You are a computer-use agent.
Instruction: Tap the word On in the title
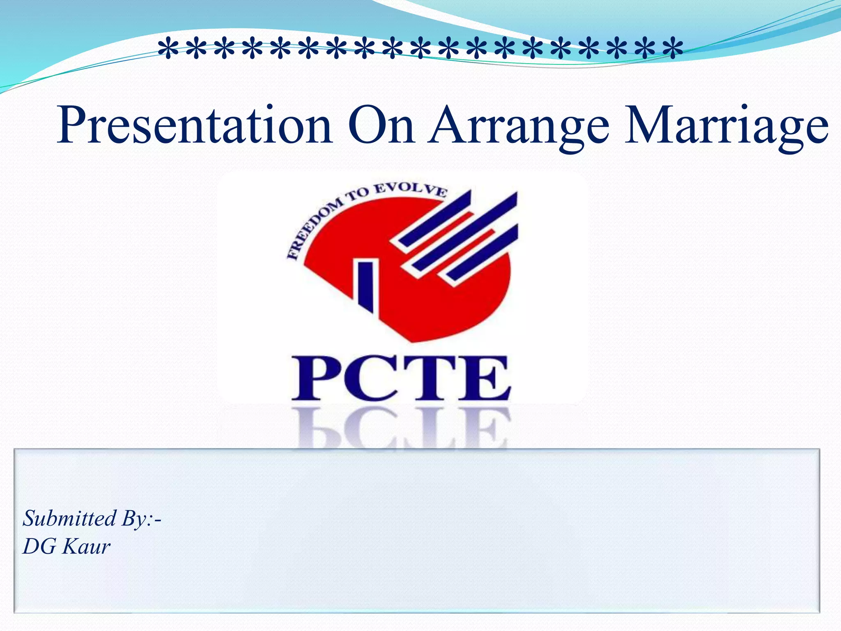point(381,125)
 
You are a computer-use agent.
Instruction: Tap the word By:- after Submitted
point(141,519)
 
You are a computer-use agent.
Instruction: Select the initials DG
point(39,547)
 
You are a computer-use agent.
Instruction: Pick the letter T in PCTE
point(427,378)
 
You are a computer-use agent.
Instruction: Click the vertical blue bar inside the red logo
point(365,285)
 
